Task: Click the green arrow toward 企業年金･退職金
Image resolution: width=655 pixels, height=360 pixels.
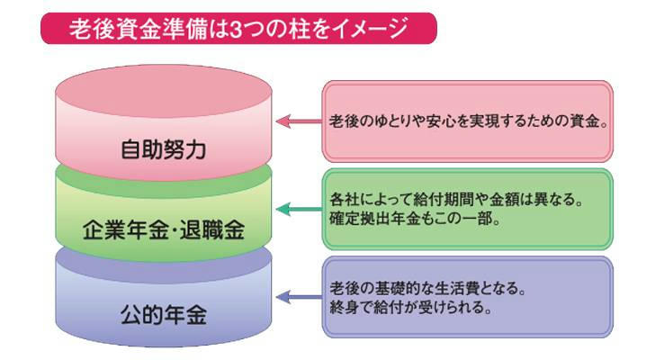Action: pyautogui.click(x=298, y=209)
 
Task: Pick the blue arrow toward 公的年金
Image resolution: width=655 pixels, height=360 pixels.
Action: pyautogui.click(x=298, y=296)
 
